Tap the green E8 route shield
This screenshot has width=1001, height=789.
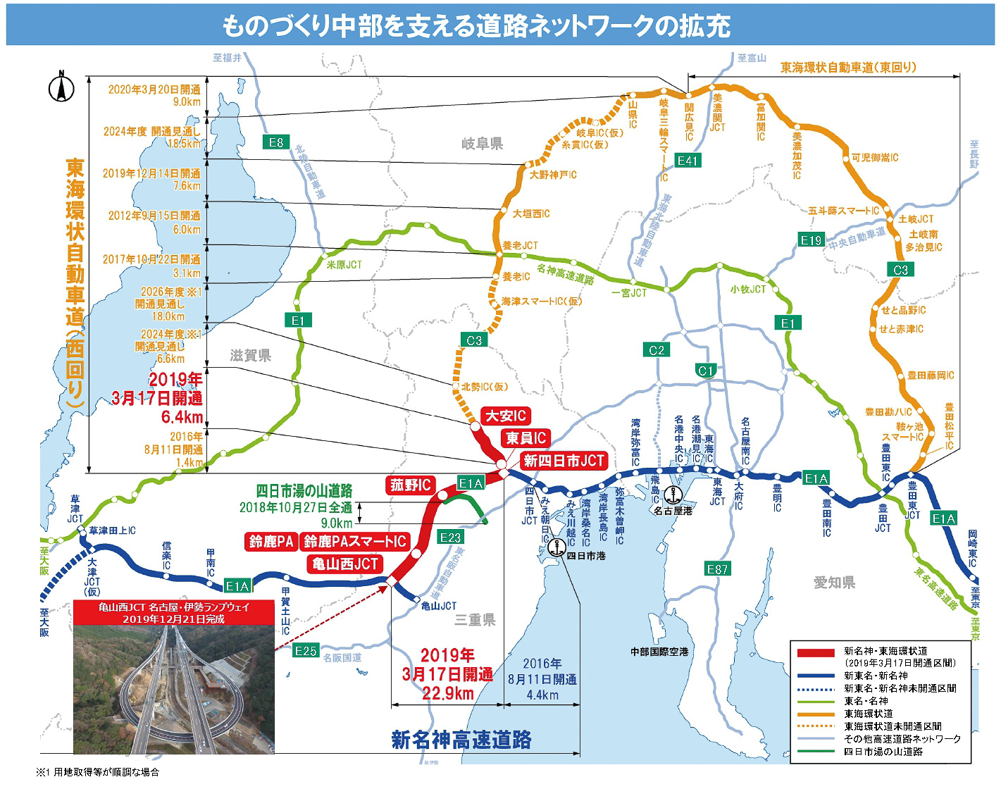276,142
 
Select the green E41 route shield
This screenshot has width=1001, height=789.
687,160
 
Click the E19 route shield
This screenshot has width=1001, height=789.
811,240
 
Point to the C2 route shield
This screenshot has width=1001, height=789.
657,350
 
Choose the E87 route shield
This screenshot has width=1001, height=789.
717,569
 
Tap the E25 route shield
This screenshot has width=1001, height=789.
306,650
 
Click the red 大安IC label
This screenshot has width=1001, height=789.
506,416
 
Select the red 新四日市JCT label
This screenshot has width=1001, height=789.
564,461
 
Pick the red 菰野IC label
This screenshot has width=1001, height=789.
410,485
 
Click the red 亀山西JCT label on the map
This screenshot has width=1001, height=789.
345,564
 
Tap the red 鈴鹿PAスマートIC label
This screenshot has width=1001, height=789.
355,541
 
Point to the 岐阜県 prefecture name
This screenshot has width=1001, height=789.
483,144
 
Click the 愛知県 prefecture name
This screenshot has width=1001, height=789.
834,582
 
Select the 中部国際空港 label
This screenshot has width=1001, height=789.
659,652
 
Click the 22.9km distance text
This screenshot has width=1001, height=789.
447,693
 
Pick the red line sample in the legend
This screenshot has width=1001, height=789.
815,653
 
